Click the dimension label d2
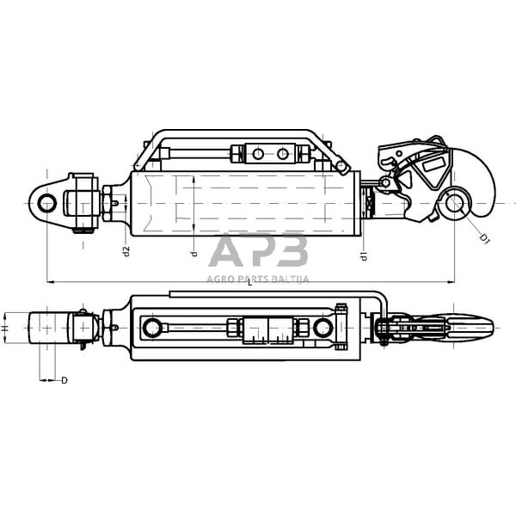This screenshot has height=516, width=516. tap(126, 251)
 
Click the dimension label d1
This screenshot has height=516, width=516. tap(364, 256)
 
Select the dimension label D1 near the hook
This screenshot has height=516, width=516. tap(484, 238)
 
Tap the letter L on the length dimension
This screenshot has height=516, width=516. tap(250, 282)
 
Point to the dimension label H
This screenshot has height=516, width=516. tap(4, 329)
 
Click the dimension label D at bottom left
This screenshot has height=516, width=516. tap(64, 380)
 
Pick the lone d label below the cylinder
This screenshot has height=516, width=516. tap(194, 254)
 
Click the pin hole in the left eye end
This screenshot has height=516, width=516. tap(46, 203)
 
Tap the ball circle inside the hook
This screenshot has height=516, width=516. tap(455, 203)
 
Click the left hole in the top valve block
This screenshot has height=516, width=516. tap(258, 154)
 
